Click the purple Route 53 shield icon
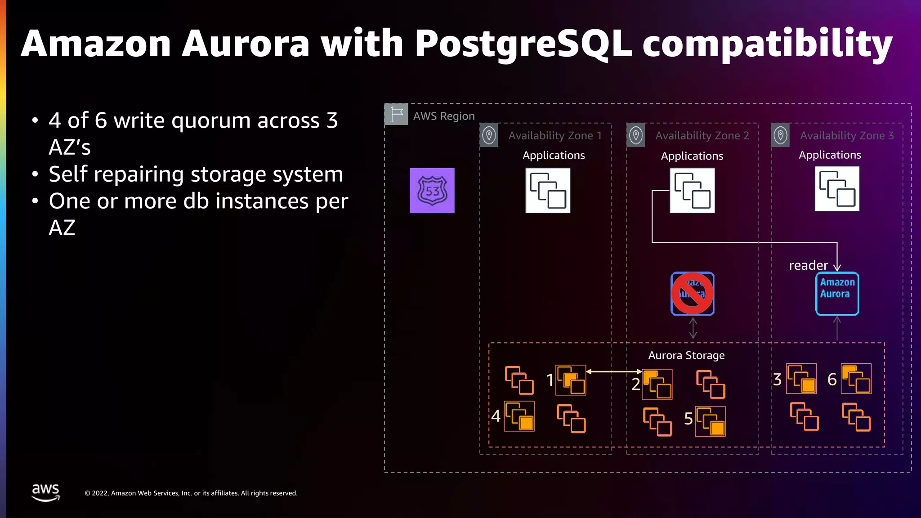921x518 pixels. coord(432,191)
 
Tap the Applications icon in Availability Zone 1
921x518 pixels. coord(548,191)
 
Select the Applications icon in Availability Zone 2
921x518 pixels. coord(692,191)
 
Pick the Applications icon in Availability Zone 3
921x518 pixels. coord(837,189)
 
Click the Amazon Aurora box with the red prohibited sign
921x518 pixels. coord(692,294)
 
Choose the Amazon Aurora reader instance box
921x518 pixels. coord(837,294)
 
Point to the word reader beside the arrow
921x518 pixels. coord(808,265)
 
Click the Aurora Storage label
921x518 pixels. coord(686,355)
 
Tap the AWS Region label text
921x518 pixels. coord(444,116)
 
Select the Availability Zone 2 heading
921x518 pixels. coord(702,135)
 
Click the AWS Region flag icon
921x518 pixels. coord(396,114)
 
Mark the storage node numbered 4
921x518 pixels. coord(519,416)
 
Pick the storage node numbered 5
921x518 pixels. coord(710,421)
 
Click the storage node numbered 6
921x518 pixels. coord(856,379)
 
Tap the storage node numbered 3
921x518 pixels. coord(801,379)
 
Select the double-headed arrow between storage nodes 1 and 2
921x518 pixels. coord(614,371)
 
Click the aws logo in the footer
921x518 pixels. coord(45,492)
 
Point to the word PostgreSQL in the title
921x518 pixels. coord(523,44)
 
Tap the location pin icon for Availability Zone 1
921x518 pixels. coord(489,135)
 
